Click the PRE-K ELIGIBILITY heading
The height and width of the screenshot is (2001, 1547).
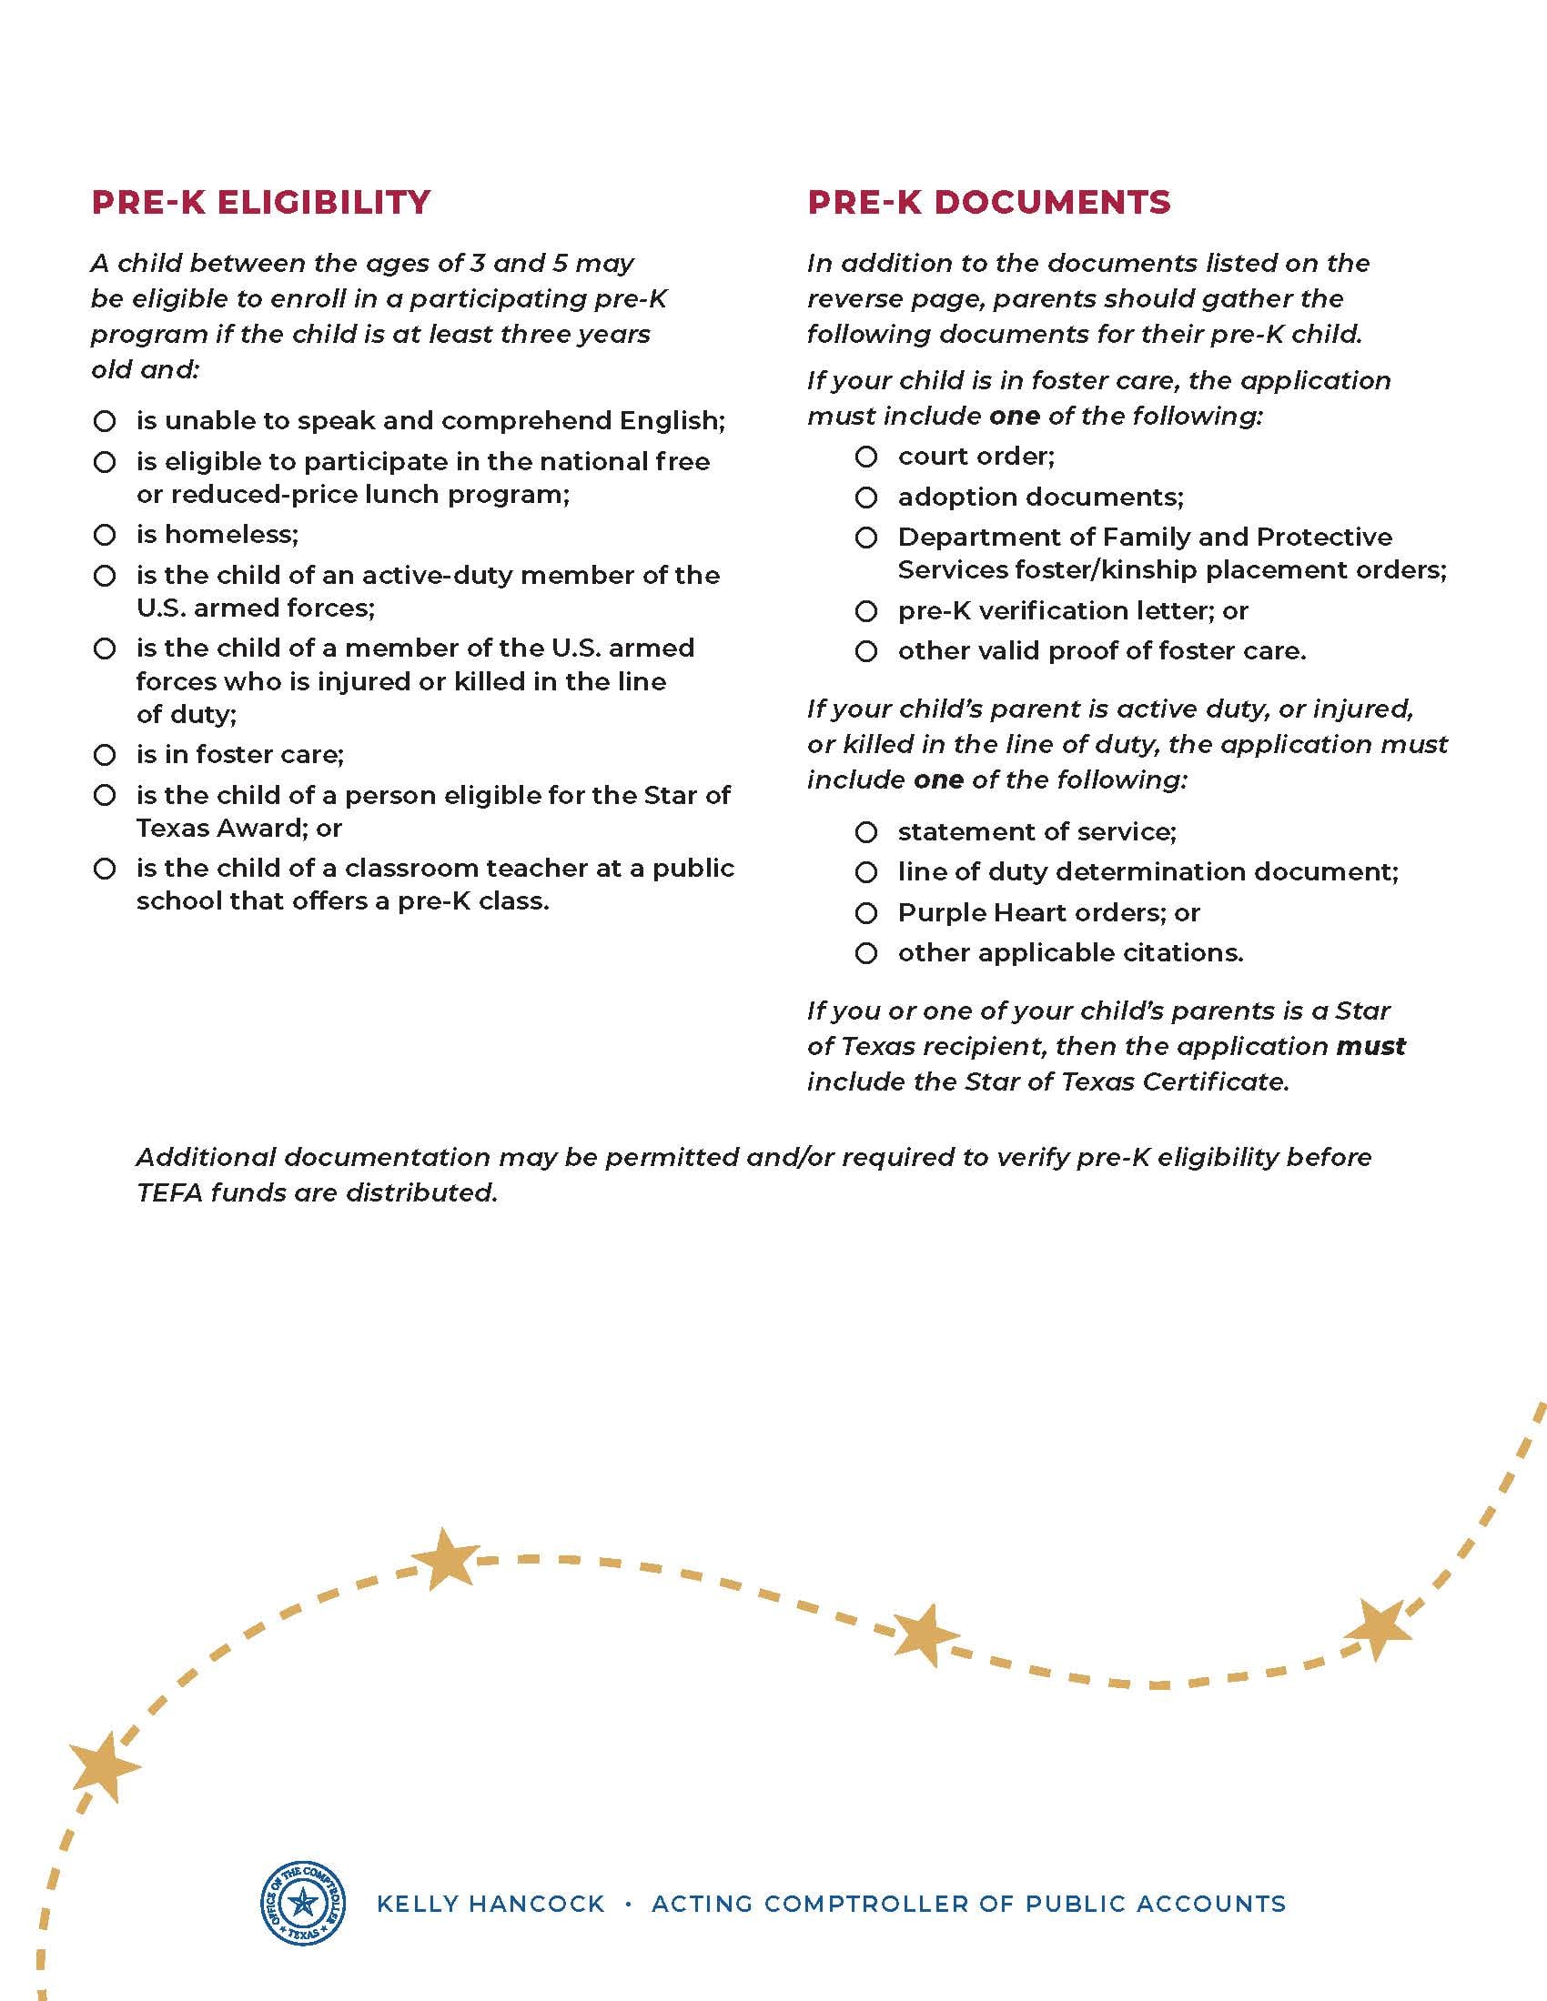(260, 203)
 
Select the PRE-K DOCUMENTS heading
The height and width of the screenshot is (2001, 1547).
(989, 203)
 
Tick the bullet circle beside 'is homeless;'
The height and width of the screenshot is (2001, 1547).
(105, 534)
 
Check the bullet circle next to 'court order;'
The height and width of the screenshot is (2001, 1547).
(866, 457)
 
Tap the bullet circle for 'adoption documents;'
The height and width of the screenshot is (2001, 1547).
(866, 498)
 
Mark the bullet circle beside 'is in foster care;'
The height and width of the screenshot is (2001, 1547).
(105, 755)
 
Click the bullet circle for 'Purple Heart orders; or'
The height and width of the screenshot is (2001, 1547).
(866, 913)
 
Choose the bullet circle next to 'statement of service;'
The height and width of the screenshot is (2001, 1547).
(866, 832)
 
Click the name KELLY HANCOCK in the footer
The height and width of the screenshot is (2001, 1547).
(490, 1904)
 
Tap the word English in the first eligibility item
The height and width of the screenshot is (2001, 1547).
(672, 420)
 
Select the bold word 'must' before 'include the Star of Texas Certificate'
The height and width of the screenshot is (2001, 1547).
(1371, 1046)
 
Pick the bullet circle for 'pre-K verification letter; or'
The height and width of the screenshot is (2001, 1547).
(866, 611)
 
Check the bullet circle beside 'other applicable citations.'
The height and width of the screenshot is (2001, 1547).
(866, 954)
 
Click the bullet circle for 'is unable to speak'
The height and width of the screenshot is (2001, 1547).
(105, 421)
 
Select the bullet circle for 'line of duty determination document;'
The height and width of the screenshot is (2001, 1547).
(866, 872)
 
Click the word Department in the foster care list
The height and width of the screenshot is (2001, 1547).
(969, 537)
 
